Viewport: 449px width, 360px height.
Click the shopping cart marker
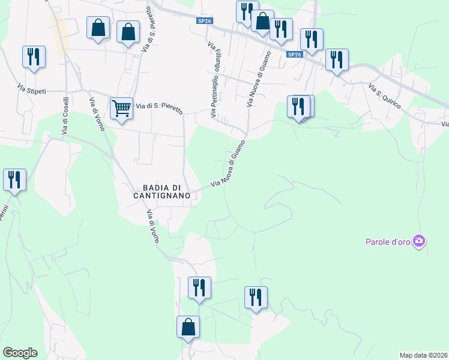[x=121, y=109]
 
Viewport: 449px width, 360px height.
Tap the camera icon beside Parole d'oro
[x=419, y=242]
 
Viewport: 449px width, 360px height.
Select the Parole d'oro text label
[x=388, y=242]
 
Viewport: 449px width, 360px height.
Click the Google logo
[x=20, y=353]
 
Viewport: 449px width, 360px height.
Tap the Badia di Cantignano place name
[x=161, y=191]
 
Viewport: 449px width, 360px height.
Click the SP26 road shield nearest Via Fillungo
[x=205, y=21]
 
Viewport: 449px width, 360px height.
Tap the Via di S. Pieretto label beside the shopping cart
[x=158, y=106]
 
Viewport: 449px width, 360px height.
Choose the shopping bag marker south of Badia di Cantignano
[x=188, y=328]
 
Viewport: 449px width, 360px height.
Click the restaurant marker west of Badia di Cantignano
[x=14, y=180]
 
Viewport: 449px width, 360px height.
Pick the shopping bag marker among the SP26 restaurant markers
[x=262, y=22]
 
